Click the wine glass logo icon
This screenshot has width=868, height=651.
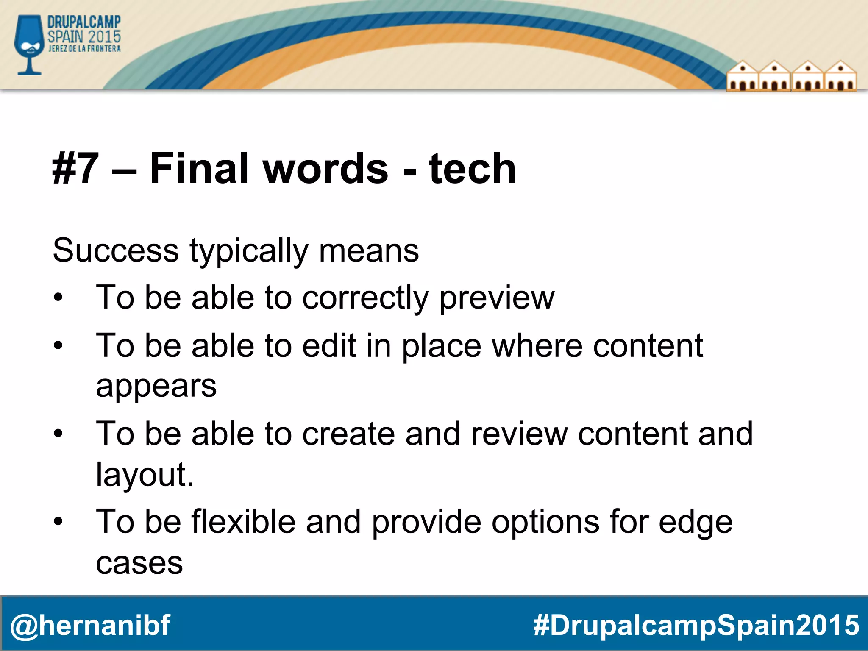[29, 45]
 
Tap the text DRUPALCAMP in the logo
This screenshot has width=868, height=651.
[84, 22]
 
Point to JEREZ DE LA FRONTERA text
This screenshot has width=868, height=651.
[84, 49]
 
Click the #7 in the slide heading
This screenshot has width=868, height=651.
[75, 169]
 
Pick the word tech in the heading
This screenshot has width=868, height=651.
[472, 169]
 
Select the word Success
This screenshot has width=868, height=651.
[116, 250]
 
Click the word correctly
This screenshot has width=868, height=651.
[365, 298]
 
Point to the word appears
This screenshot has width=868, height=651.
[156, 387]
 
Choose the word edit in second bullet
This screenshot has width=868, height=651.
[328, 345]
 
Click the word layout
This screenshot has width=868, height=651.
[144, 475]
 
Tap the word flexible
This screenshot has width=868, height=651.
[243, 521]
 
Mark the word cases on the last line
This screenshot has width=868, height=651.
[139, 564]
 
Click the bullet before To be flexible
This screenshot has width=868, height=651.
[58, 521]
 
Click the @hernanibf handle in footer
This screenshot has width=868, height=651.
[90, 625]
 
